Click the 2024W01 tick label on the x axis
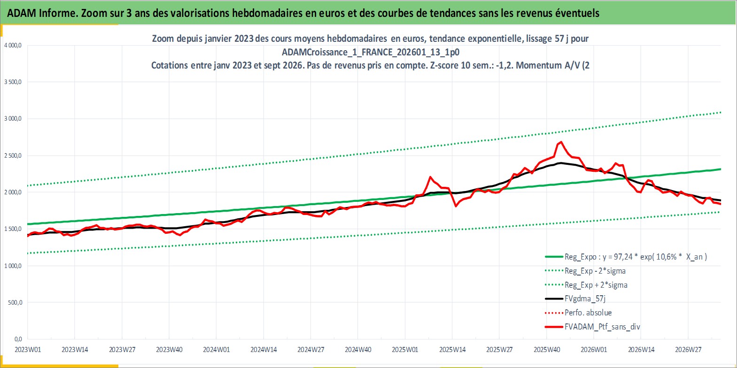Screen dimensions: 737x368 (x=216, y=350)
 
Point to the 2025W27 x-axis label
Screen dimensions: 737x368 (x=499, y=350)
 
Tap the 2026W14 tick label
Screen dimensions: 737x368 (x=641, y=350)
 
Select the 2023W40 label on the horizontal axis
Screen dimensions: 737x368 (x=169, y=350)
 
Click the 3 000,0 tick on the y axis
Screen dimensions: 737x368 (x=13, y=119)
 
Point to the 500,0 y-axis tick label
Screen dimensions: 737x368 (x=15, y=303)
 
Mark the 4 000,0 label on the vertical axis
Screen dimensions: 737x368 (x=13, y=46)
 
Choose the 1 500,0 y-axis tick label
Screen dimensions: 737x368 (x=13, y=229)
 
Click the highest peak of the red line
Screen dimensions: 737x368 (x=561, y=142)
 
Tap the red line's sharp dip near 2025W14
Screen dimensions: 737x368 (x=456, y=206)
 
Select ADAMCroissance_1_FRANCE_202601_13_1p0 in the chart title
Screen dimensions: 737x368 (x=371, y=52)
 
